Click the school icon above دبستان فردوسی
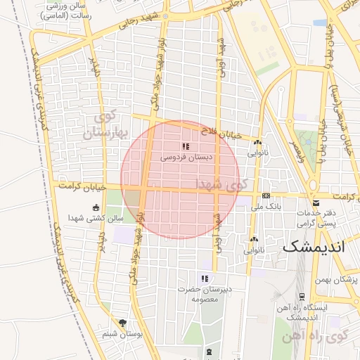click(186, 146)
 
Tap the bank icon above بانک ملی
click(266, 196)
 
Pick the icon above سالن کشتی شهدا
click(96, 207)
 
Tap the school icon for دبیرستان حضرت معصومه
click(205, 278)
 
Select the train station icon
click(301, 296)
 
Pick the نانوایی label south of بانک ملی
click(254, 250)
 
